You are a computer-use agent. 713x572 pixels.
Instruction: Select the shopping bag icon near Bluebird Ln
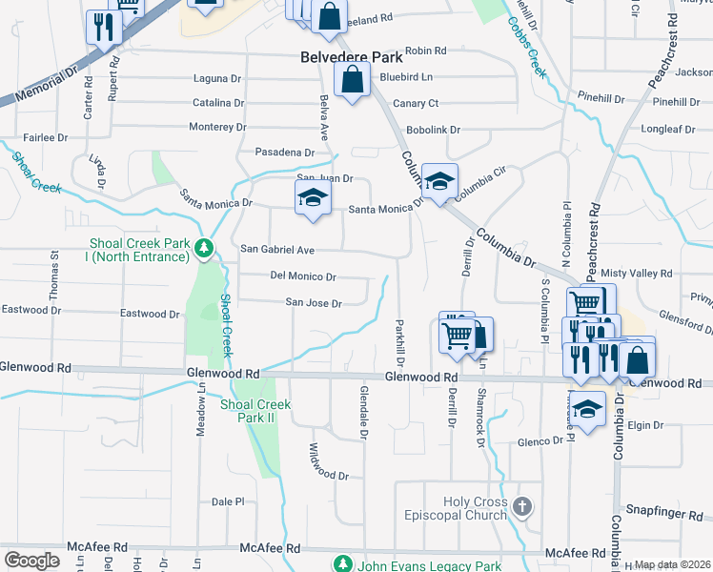pyautogui.click(x=353, y=81)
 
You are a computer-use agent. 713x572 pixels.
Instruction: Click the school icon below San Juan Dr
pyautogui.click(x=312, y=199)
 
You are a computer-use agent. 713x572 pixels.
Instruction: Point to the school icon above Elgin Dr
pyautogui.click(x=587, y=410)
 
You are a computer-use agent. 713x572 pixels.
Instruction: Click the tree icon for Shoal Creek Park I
pyautogui.click(x=203, y=250)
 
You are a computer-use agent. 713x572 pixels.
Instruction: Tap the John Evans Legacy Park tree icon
pyautogui.click(x=343, y=565)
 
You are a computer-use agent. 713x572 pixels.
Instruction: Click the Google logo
pyautogui.click(x=32, y=561)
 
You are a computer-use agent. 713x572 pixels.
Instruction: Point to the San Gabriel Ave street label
pyautogui.click(x=276, y=250)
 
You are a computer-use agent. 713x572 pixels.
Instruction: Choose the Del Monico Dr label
pyautogui.click(x=303, y=277)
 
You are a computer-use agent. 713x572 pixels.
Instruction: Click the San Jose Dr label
pyautogui.click(x=314, y=303)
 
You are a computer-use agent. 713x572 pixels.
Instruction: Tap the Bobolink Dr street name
pyautogui.click(x=434, y=129)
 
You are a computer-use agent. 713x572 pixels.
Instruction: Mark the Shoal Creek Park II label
pyautogui.click(x=255, y=412)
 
